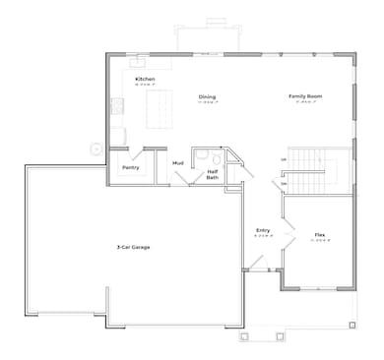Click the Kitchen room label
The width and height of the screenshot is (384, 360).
145,79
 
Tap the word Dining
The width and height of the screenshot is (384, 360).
207,96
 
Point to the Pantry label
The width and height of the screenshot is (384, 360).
131,167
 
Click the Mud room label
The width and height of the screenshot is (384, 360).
178,162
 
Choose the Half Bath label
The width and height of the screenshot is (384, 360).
212,175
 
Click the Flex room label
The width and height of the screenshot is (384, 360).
320,235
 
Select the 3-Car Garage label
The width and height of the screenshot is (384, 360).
132,246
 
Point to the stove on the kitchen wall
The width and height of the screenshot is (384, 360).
115,108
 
